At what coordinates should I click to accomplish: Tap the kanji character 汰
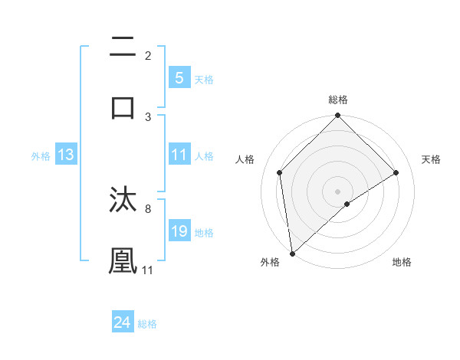tap(123, 201)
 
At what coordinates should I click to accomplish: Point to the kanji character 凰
tap(123, 260)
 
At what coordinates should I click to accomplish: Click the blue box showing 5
tap(179, 78)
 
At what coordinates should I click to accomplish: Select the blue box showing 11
tap(179, 155)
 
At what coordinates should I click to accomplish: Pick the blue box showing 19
tap(179, 231)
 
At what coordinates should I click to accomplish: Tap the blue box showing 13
tap(66, 155)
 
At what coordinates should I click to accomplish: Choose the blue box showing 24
tap(122, 322)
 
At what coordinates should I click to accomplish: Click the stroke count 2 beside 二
tap(148, 55)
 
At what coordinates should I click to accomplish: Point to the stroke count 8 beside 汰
tap(148, 208)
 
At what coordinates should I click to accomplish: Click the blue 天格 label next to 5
tap(204, 79)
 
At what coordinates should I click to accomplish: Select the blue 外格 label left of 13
tap(41, 155)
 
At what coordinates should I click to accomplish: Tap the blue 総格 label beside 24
tap(147, 323)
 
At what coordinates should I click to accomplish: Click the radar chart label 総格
tap(338, 100)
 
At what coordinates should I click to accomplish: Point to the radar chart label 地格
tap(402, 262)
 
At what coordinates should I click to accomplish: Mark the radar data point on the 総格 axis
tap(338, 116)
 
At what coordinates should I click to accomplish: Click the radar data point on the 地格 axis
tap(347, 204)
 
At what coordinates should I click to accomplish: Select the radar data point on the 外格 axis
tap(292, 254)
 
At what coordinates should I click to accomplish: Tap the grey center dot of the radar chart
tap(338, 191)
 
